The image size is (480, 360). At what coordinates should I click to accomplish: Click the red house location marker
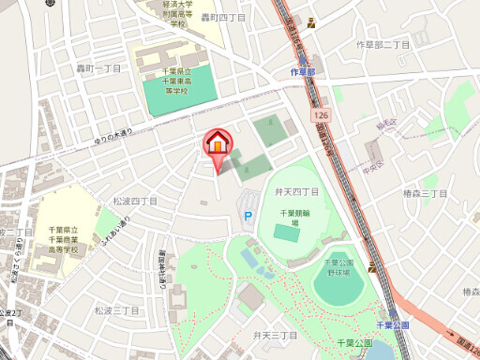pyautogui.click(x=217, y=143)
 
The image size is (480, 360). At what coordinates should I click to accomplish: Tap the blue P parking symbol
pyautogui.click(x=248, y=217)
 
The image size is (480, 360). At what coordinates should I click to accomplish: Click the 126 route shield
pyautogui.click(x=322, y=114)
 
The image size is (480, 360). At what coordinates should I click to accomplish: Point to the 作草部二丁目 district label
pyautogui.click(x=383, y=45)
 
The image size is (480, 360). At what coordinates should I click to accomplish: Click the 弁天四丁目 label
pyautogui.click(x=296, y=191)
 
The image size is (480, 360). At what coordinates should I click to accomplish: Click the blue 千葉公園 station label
pyautogui.click(x=393, y=324)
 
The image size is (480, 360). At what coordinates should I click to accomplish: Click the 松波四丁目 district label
pyautogui.click(x=135, y=201)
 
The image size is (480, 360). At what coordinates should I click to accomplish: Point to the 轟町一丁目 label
pyautogui.click(x=99, y=68)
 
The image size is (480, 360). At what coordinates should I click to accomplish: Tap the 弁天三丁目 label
pyautogui.click(x=275, y=335)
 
